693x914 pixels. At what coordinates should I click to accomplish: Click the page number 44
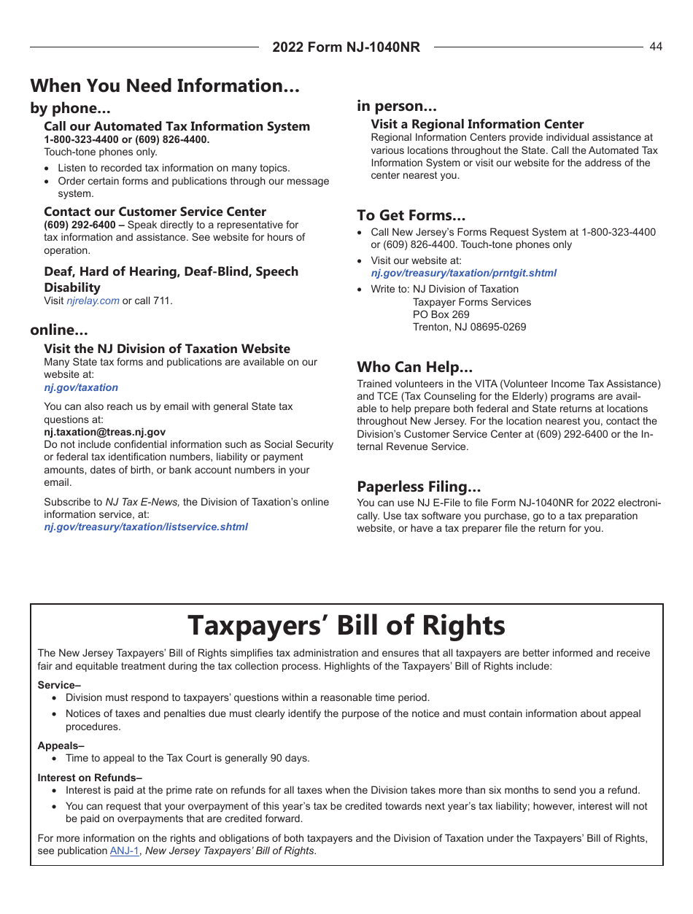pyautogui.click(x=656, y=47)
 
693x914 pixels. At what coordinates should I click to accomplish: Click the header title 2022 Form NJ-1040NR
pyautogui.click(x=346, y=47)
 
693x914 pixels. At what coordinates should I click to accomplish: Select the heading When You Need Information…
pyautogui.click(x=165, y=86)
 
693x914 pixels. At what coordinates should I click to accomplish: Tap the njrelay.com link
pyautogui.click(x=93, y=301)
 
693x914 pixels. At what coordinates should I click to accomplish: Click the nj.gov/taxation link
pyautogui.click(x=81, y=387)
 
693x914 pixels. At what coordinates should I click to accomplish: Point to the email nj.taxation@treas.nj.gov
pyautogui.click(x=104, y=432)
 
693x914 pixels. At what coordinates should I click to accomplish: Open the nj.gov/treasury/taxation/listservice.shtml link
pyautogui.click(x=146, y=527)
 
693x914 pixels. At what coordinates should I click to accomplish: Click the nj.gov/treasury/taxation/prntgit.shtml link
pyautogui.click(x=463, y=273)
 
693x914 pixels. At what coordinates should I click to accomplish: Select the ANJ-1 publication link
pyautogui.click(x=124, y=851)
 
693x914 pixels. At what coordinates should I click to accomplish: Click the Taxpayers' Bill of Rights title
pyautogui.click(x=346, y=626)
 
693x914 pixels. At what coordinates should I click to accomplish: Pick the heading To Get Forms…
pyautogui.click(x=411, y=215)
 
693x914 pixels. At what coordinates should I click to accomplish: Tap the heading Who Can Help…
pyautogui.click(x=414, y=366)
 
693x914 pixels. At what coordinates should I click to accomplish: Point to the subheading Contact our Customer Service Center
pyautogui.click(x=155, y=212)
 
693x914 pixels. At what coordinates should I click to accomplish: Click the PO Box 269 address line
pyautogui.click(x=441, y=314)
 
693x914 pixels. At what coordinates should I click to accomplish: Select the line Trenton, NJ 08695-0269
pyautogui.click(x=469, y=327)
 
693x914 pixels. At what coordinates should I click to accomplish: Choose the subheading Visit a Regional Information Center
pyautogui.click(x=477, y=124)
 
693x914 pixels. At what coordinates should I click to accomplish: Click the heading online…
pyautogui.click(x=59, y=330)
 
